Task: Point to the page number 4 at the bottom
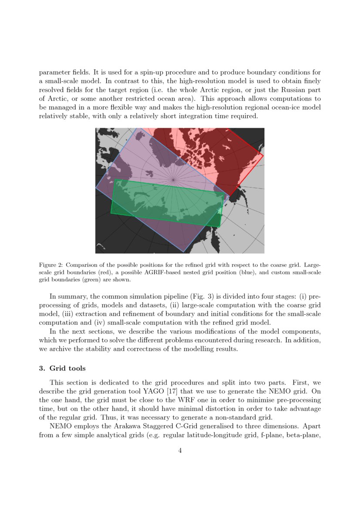click(x=180, y=451)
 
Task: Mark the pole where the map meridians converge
click(x=173, y=179)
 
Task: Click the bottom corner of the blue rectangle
click(x=184, y=252)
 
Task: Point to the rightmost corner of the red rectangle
click(x=263, y=154)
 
